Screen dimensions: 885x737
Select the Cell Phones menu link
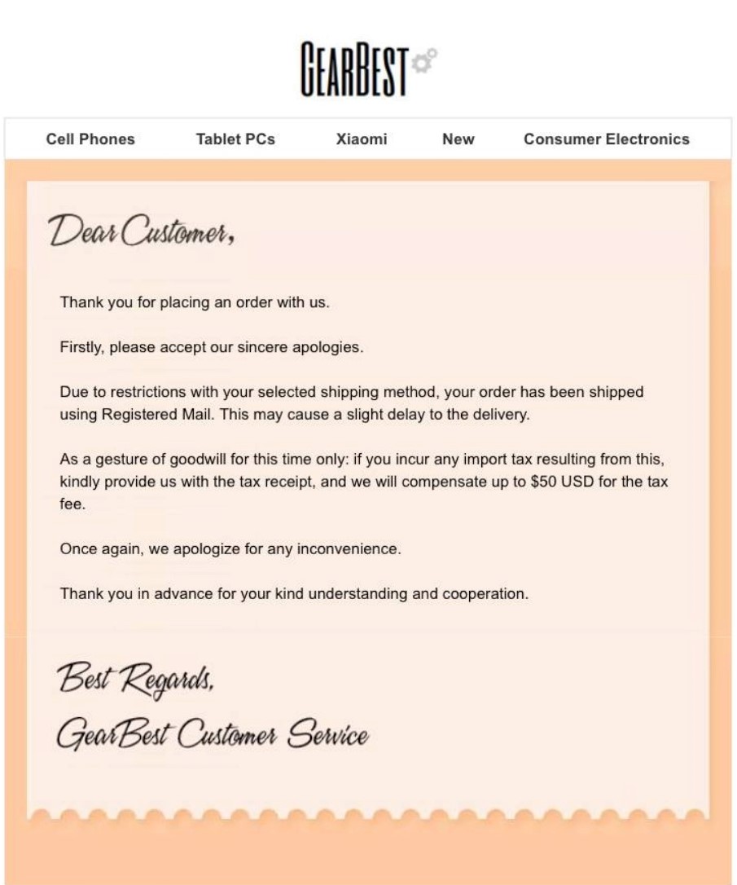click(90, 139)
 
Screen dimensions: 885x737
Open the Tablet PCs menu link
click(235, 139)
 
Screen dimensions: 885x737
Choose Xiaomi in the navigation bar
click(362, 139)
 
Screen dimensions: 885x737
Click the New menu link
click(458, 139)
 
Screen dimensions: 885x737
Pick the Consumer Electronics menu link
click(607, 139)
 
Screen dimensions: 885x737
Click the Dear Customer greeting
click(143, 231)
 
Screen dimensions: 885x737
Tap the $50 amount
click(543, 482)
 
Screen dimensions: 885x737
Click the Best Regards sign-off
click(135, 677)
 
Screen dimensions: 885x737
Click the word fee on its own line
click(72, 504)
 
